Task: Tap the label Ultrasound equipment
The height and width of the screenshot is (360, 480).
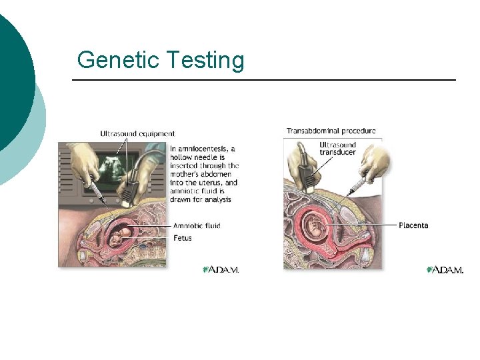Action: [137, 134]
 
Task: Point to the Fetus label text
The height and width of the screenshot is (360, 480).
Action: [182, 237]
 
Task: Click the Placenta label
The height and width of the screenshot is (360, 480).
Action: [413, 225]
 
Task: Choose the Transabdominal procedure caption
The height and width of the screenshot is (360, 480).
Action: [331, 131]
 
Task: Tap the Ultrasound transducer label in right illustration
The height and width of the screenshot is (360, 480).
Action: [337, 148]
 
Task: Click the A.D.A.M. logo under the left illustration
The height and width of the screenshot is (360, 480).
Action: [221, 269]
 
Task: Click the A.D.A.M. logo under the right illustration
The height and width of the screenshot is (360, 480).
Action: [445, 269]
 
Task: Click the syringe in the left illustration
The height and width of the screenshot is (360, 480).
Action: [97, 193]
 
